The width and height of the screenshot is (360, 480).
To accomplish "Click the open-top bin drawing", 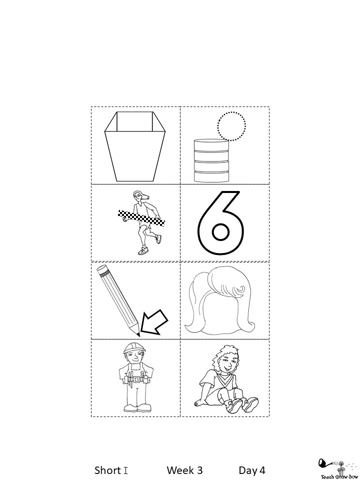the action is point(135,146).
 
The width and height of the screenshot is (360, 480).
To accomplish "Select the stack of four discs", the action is point(211,160).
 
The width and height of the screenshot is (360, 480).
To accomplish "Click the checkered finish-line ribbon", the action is point(141,218).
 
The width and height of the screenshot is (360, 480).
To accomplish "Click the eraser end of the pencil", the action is point(102,269).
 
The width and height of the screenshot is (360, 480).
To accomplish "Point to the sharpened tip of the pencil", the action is point(138,335).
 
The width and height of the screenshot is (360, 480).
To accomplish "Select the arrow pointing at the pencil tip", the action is point(154,322).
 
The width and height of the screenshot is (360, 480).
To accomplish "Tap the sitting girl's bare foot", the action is point(200,401).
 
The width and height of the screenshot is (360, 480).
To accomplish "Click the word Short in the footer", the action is point(107,470).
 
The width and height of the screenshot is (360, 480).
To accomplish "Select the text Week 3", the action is point(184,470).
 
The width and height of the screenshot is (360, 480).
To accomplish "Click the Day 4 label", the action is point(252,470).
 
